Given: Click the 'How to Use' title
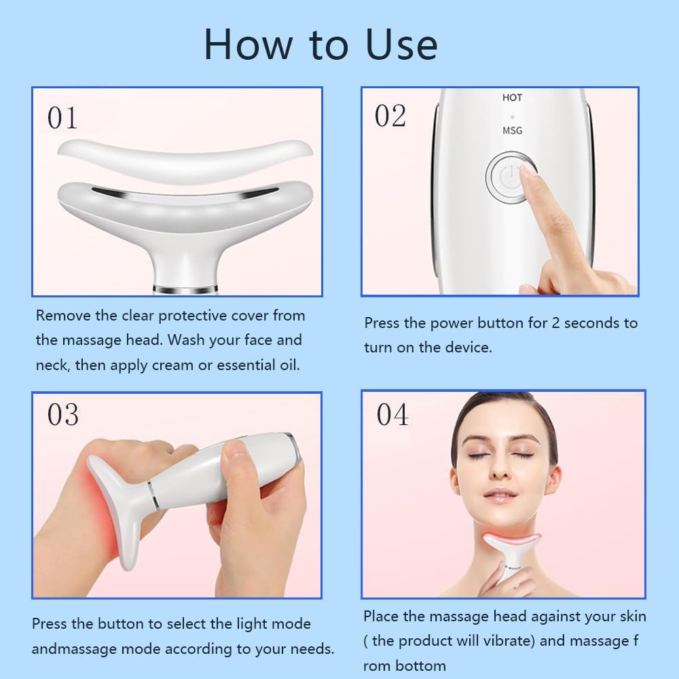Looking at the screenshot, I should (x=320, y=44).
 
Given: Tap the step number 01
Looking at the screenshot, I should (x=62, y=118).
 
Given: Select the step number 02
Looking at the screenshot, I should (x=390, y=116).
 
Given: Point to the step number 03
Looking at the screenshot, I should (x=62, y=415).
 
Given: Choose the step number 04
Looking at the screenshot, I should (x=392, y=415).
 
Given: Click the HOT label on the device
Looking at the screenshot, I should (x=512, y=98).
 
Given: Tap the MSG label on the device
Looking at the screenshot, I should (x=512, y=130).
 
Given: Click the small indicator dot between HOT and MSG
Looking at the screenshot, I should (x=512, y=115).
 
